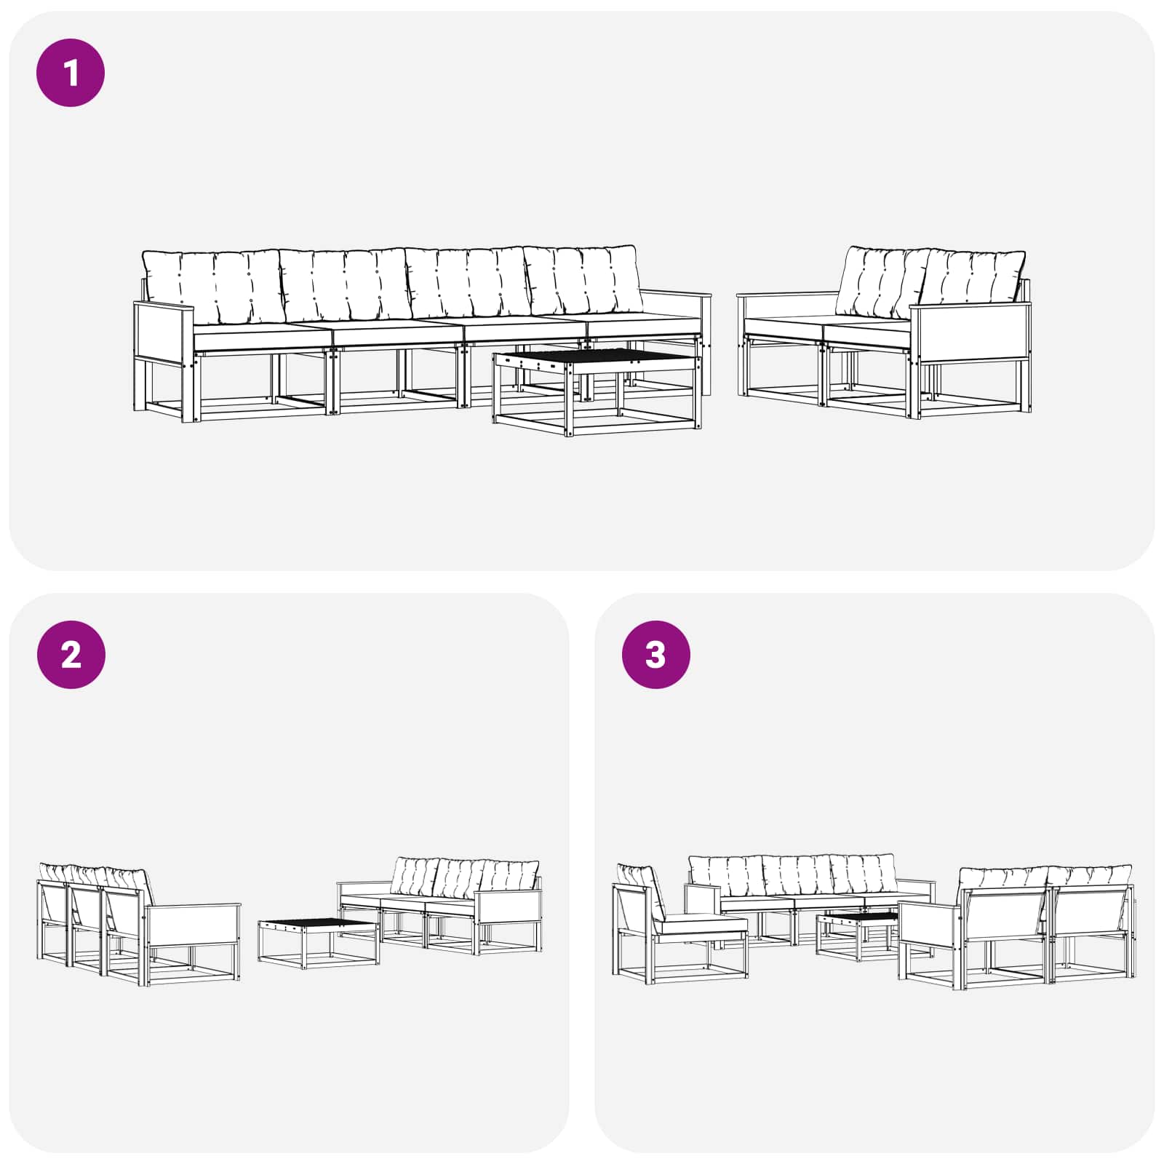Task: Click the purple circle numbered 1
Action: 71,73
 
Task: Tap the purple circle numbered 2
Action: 71,655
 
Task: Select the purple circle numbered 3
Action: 655,655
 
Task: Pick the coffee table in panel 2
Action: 318,944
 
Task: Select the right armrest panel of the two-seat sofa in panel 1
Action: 970,333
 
